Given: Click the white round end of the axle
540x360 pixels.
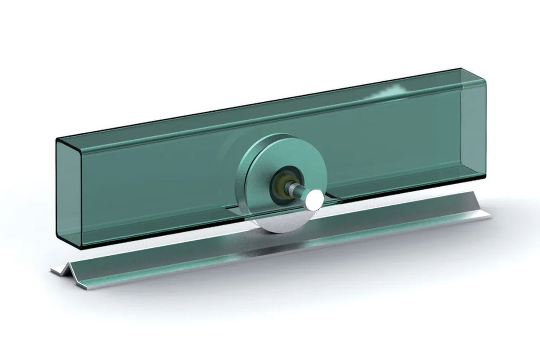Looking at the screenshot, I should click(x=313, y=201).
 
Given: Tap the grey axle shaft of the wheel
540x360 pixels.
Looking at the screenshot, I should click(x=299, y=190).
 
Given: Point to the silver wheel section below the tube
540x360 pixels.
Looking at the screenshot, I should click(x=280, y=221).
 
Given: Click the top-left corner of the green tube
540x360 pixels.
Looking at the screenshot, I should click(x=58, y=139).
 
